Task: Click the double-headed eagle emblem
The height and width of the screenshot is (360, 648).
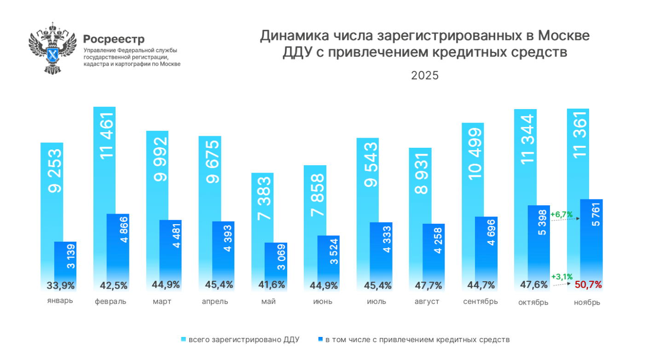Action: coord(52,48)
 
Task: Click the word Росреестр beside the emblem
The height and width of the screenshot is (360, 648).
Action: coord(114,39)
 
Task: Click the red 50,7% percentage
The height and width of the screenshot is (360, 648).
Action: coord(588,285)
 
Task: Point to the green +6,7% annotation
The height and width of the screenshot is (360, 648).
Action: coord(561,215)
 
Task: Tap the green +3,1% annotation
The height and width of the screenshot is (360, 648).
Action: coord(561,277)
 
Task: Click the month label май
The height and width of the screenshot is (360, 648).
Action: coord(268,302)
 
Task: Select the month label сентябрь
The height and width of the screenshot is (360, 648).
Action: coord(480,302)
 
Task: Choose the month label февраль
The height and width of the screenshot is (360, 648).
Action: coord(110,302)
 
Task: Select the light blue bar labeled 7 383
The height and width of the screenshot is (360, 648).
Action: coord(262,207)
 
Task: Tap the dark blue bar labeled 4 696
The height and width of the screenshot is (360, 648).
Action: coord(486,244)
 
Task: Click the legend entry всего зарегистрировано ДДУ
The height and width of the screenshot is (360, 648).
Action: coord(241,340)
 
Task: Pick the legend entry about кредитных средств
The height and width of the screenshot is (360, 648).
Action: coord(414,340)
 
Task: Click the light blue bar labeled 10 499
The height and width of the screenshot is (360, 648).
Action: coord(473,166)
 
